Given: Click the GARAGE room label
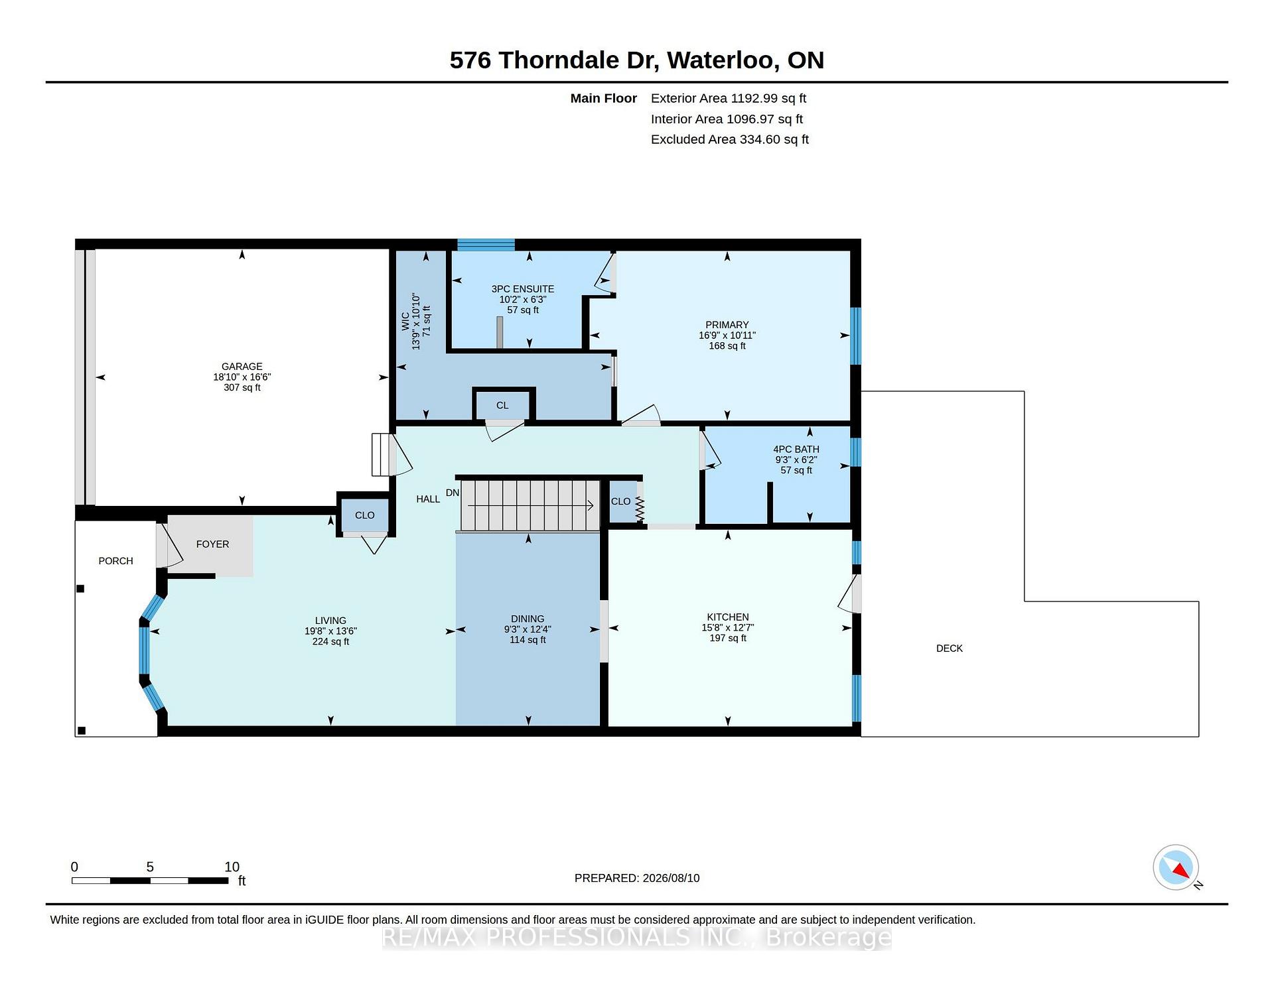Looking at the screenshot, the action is pos(242,366).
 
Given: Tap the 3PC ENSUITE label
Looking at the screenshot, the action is pos(523,289).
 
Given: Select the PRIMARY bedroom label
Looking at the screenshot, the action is pos(727,325).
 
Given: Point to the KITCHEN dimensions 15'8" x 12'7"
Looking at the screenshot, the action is pos(728,627).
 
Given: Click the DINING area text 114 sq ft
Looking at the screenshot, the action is pos(528,640).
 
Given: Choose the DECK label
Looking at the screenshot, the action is pos(949,648).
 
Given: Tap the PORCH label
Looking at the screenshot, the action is pos(115,561).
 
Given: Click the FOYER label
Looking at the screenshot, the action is pos(212,544).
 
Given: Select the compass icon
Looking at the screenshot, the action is pos(1176,867).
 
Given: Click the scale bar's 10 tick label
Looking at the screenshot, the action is pos(232,867).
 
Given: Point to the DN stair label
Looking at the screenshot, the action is pos(453,493).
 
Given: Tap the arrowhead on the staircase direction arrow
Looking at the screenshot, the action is pos(590,506).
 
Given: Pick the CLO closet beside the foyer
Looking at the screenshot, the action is pos(364,515).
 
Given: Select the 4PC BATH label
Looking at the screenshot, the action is pos(796,450).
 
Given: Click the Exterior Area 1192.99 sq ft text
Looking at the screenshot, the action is pos(729,98).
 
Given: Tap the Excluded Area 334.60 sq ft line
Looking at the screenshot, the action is pos(730,139).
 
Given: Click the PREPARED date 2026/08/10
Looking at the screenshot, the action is pos(671,878).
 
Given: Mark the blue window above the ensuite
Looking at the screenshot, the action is pos(486,245).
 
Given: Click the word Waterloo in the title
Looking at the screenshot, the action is pos(723,60).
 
